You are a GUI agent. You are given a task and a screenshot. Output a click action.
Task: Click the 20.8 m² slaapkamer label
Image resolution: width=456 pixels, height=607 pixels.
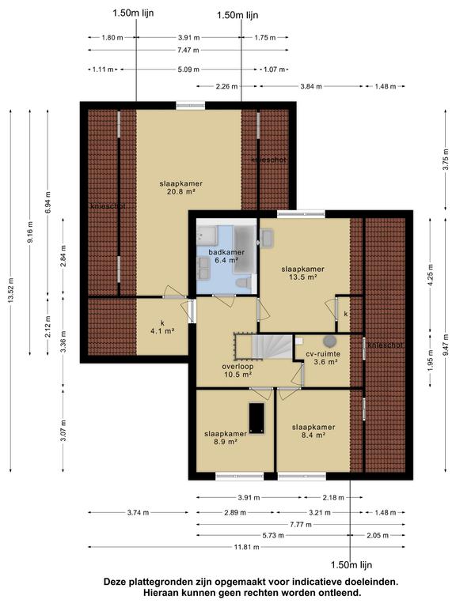pyautogui.click(x=181, y=187)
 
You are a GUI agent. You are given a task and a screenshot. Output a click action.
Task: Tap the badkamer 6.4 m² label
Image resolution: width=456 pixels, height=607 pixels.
pyautogui.click(x=226, y=256)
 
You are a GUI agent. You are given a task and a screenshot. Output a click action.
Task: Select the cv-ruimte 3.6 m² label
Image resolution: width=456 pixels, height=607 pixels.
pyautogui.click(x=323, y=358)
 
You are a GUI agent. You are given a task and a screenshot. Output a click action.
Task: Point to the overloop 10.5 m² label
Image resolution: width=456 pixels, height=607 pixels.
pyautogui.click(x=237, y=370)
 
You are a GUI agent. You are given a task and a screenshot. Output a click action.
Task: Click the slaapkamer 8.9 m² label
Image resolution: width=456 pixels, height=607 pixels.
pyautogui.click(x=226, y=437)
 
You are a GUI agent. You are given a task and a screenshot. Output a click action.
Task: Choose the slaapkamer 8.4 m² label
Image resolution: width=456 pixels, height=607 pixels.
pyautogui.click(x=313, y=431)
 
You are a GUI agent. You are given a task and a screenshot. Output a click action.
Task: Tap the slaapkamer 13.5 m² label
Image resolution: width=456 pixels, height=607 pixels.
pyautogui.click(x=303, y=273)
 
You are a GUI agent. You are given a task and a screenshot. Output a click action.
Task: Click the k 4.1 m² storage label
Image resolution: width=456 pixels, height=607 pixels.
pyautogui.click(x=162, y=326)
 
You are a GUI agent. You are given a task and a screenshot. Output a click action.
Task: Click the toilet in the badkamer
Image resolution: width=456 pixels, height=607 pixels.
pyautogui.click(x=244, y=283)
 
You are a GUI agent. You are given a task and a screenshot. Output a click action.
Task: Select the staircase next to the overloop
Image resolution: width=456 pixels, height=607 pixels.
pyautogui.click(x=272, y=347)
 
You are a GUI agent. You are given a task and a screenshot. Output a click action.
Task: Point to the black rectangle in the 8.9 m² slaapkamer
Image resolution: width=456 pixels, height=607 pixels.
pyautogui.click(x=256, y=418)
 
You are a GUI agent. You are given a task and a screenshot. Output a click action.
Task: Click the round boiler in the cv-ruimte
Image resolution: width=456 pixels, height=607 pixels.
pyautogui.click(x=329, y=341)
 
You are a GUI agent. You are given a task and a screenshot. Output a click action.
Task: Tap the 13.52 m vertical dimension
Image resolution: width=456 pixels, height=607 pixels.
pyautogui.click(x=10, y=291)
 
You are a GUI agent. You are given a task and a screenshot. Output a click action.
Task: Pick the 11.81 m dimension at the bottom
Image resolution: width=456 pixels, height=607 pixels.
pyautogui.click(x=247, y=547)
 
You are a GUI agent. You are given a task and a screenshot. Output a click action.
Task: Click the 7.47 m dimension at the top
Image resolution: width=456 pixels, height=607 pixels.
pyautogui.click(x=188, y=50)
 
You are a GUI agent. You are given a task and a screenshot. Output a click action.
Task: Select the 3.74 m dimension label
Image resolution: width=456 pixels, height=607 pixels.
pyautogui.click(x=138, y=512)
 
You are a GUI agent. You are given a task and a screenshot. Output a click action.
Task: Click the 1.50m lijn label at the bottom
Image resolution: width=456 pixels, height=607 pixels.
pyautogui.click(x=351, y=565)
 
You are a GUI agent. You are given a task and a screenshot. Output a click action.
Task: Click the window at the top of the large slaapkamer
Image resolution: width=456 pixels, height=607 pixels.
pyautogui.click(x=190, y=105)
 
